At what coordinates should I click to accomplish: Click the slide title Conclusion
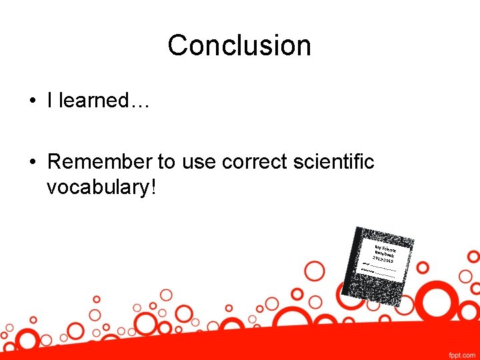coord(239,45)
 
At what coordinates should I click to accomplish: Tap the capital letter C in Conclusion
coord(177,45)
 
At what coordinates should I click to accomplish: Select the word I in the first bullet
coord(50,101)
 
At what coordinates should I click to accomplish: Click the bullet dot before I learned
coord(32,101)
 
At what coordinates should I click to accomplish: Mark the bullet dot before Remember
coord(32,162)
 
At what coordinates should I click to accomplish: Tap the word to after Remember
coord(165,161)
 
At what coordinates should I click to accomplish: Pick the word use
coord(199,161)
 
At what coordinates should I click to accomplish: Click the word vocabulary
coord(98,187)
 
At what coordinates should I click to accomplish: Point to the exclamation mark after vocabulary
coord(153,187)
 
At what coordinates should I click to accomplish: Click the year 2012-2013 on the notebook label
coord(383,260)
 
